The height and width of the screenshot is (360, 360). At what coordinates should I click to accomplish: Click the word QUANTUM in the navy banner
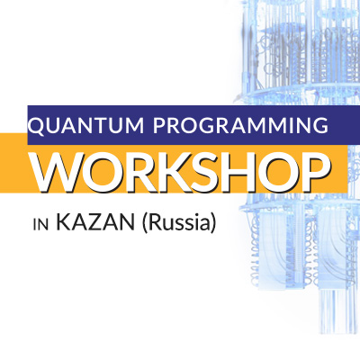point(86,125)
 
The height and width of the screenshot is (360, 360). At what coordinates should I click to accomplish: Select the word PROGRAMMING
point(240,125)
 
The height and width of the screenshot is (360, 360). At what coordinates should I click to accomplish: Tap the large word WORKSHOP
point(182,171)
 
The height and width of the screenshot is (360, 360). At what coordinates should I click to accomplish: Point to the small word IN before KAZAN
point(40,225)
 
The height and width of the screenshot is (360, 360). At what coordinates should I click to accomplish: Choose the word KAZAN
point(95,222)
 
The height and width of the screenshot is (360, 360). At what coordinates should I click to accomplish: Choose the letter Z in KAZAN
point(95,222)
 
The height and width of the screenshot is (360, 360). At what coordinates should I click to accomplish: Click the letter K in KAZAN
point(64,222)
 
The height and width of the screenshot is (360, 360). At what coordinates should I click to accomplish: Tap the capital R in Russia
point(155,222)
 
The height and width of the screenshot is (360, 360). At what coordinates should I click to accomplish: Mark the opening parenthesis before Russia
point(144,223)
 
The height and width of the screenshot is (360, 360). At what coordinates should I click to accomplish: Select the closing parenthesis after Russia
point(212,223)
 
